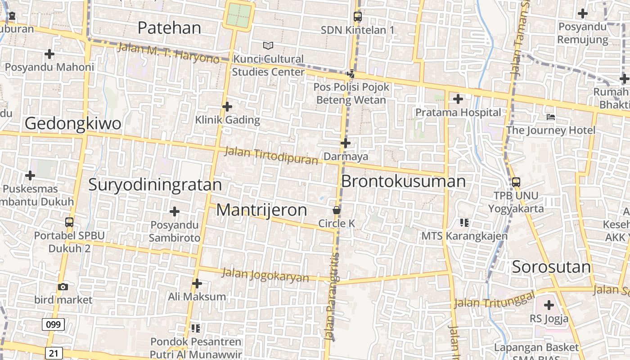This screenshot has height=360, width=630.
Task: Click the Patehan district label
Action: tap(169, 28)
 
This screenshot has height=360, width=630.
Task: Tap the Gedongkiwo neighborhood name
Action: tap(73, 123)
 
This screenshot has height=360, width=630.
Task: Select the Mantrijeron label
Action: tap(262, 210)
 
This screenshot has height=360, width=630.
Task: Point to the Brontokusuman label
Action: tap(403, 181)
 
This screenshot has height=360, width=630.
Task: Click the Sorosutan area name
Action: tap(551, 267)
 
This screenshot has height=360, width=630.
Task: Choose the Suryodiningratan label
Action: tap(155, 185)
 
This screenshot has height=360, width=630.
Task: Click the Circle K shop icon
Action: tap(336, 210)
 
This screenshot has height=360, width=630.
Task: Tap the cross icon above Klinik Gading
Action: tap(227, 107)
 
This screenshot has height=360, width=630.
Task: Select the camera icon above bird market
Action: tap(63, 287)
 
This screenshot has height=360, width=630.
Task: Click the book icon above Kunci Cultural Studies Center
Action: tap(268, 45)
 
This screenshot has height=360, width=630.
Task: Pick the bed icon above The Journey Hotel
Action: tap(551, 117)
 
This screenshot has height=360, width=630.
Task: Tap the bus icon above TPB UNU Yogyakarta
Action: tap(516, 182)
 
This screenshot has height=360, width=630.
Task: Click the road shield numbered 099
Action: tap(53, 324)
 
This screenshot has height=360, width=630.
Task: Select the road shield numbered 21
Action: tap(53, 353)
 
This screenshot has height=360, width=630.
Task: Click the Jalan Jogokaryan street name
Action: tap(265, 275)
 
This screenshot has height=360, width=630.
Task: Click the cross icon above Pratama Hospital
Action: tap(458, 99)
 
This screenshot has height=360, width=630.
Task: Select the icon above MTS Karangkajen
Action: tap(464, 222)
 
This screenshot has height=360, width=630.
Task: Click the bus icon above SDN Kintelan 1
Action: tap(358, 17)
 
